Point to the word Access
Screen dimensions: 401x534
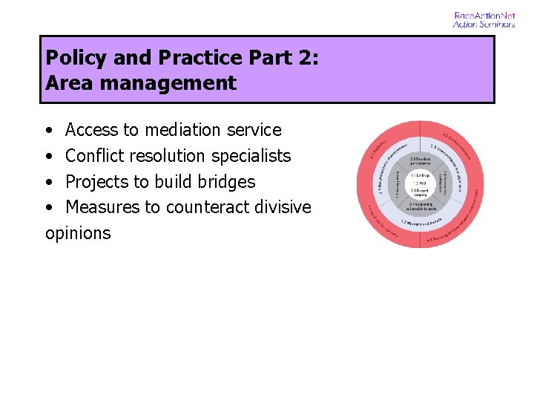point(92,130)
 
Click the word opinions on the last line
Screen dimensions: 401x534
point(78,233)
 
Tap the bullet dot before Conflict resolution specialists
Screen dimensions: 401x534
point(48,157)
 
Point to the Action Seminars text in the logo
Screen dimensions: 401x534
point(484,24)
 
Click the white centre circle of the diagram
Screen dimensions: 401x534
point(421,183)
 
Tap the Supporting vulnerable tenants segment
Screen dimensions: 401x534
point(421,206)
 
